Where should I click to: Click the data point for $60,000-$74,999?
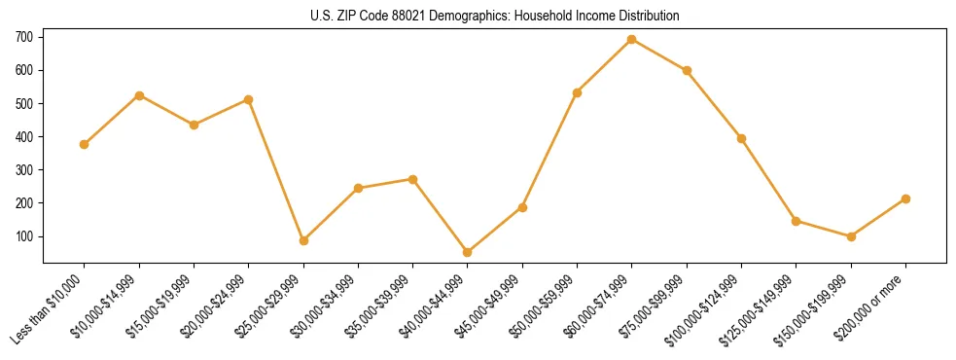pos(632,39)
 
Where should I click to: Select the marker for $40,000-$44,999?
pos(468,252)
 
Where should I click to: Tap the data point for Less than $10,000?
pos(85,144)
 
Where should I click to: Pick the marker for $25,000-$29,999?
pos(303,240)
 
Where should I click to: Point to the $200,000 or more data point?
pos(905,198)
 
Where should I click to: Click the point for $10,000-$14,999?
pos(139,95)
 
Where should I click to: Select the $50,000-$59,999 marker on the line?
pos(578,92)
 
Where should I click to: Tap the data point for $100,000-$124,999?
pos(741,138)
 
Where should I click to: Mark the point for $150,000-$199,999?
pos(851,236)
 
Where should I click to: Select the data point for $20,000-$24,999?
pos(249,99)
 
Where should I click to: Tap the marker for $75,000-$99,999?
pos(687,70)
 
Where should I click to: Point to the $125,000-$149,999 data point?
pos(797,221)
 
